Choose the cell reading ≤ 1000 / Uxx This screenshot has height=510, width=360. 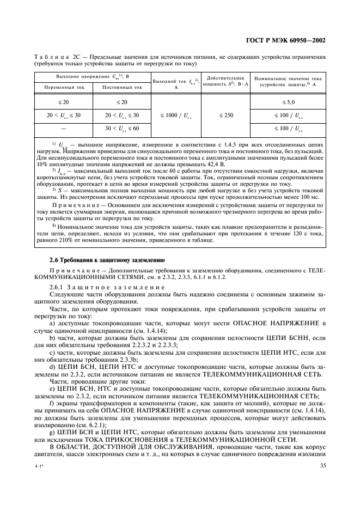176,115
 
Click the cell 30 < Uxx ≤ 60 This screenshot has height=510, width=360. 121,128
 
